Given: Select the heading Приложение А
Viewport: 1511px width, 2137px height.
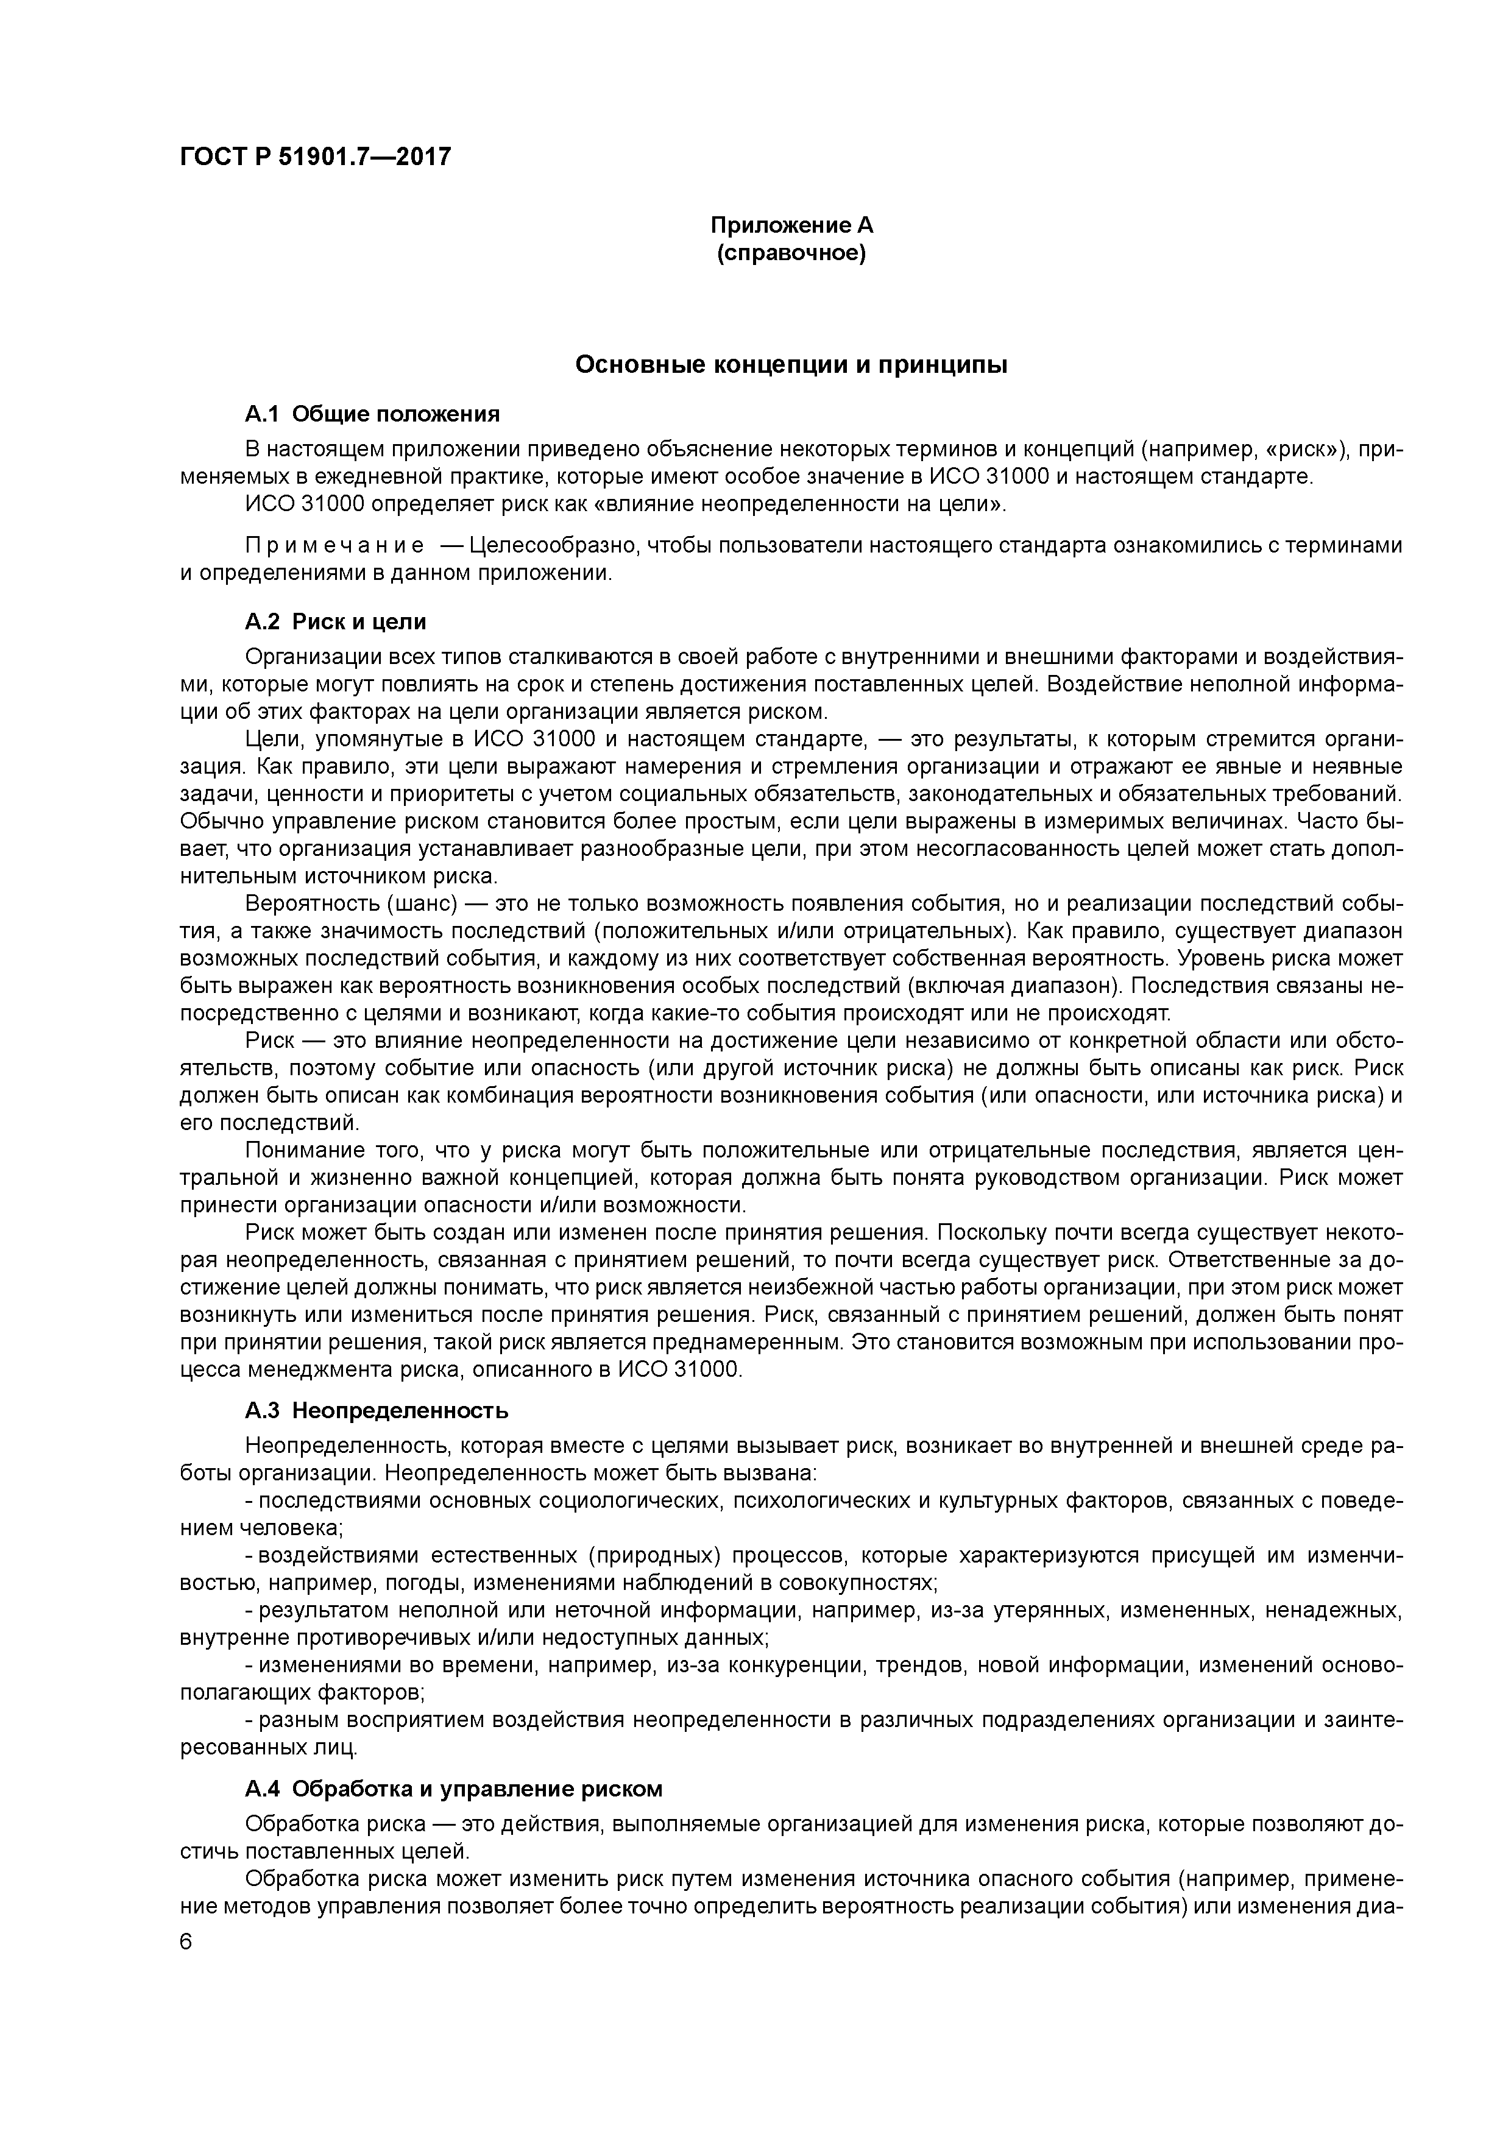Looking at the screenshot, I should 791,225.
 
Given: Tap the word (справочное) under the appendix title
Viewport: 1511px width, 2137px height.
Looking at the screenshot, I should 791,253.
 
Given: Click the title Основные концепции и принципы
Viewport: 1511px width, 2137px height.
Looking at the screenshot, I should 791,365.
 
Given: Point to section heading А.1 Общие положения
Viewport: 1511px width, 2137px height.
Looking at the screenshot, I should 372,413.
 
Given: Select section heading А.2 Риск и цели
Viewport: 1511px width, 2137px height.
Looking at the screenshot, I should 335,621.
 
